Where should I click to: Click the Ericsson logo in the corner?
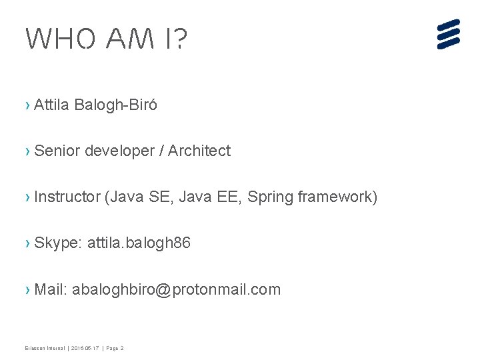[x=449, y=34]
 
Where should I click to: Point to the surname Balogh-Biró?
[x=117, y=105]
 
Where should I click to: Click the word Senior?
[x=57, y=151]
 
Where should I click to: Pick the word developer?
[x=119, y=151]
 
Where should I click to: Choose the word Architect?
[x=199, y=151]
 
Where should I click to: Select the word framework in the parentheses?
[x=337, y=197]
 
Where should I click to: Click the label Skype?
[x=58, y=243]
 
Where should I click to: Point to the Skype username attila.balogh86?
[x=139, y=243]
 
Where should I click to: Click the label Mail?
[x=51, y=289]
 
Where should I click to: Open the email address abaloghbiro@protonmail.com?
[x=176, y=289]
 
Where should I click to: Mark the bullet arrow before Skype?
[x=27, y=243]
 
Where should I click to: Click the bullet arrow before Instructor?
[x=27, y=197]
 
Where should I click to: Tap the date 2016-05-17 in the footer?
[x=85, y=348]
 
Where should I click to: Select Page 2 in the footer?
[x=114, y=348]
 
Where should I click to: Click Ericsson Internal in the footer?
[x=45, y=348]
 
